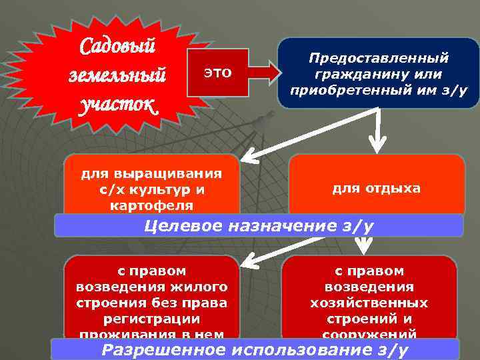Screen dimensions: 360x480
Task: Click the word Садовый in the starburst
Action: pos(118,47)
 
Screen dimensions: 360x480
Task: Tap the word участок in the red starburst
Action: pos(117,105)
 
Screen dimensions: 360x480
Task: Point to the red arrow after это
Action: pos(263,72)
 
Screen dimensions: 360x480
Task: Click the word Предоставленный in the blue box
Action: pos(379,59)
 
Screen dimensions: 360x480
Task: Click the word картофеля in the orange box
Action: pos(152,204)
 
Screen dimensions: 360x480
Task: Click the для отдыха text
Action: pos(376,188)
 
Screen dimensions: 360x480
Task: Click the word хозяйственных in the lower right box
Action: pos(369,302)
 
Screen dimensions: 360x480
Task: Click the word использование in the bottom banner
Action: pos(300,350)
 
